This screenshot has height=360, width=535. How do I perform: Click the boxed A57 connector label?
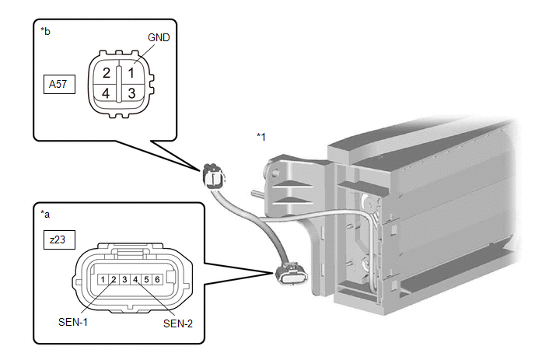[58, 85]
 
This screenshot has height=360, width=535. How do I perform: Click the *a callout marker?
[45, 211]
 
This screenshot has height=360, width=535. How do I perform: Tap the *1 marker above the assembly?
[261, 137]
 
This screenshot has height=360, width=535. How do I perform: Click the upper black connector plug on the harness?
[212, 175]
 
